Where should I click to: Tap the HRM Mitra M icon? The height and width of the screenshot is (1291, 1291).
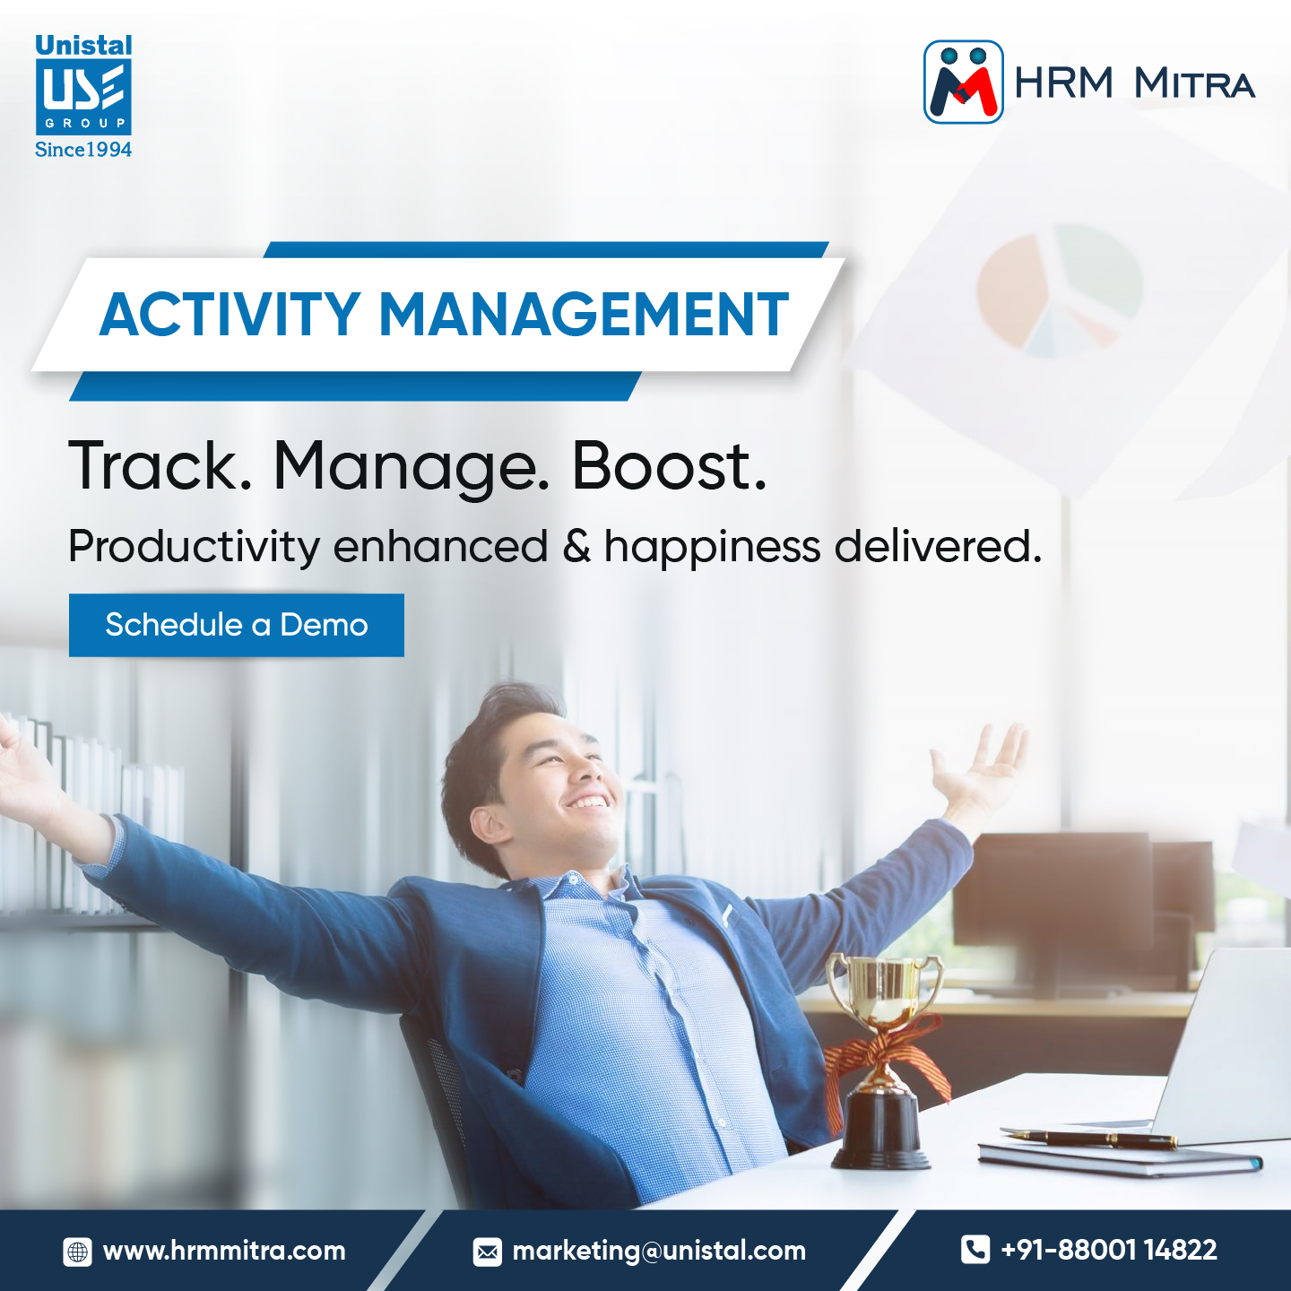click(963, 82)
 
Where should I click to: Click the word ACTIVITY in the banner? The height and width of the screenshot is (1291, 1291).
click(230, 316)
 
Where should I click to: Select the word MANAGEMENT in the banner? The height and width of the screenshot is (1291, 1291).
click(584, 316)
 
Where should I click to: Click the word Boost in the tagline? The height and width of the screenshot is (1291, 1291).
click(668, 467)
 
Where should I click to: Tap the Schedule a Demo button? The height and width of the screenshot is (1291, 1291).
click(237, 625)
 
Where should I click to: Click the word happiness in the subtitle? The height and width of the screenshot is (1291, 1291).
click(712, 547)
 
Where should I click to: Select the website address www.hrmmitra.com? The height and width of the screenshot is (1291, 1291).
click(224, 1251)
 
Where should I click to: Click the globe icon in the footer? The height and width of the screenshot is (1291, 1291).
click(78, 1252)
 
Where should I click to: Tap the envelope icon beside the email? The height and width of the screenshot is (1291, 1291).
click(488, 1252)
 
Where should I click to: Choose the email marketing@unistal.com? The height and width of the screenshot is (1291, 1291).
click(659, 1251)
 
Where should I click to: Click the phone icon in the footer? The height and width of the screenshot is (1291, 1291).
click(975, 1250)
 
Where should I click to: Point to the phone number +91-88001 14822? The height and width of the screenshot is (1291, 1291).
click(1109, 1250)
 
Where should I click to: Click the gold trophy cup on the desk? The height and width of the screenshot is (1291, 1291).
click(883, 991)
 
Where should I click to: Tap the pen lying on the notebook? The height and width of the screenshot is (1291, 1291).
click(1094, 1139)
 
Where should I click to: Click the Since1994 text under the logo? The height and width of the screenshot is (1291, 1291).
click(83, 150)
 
